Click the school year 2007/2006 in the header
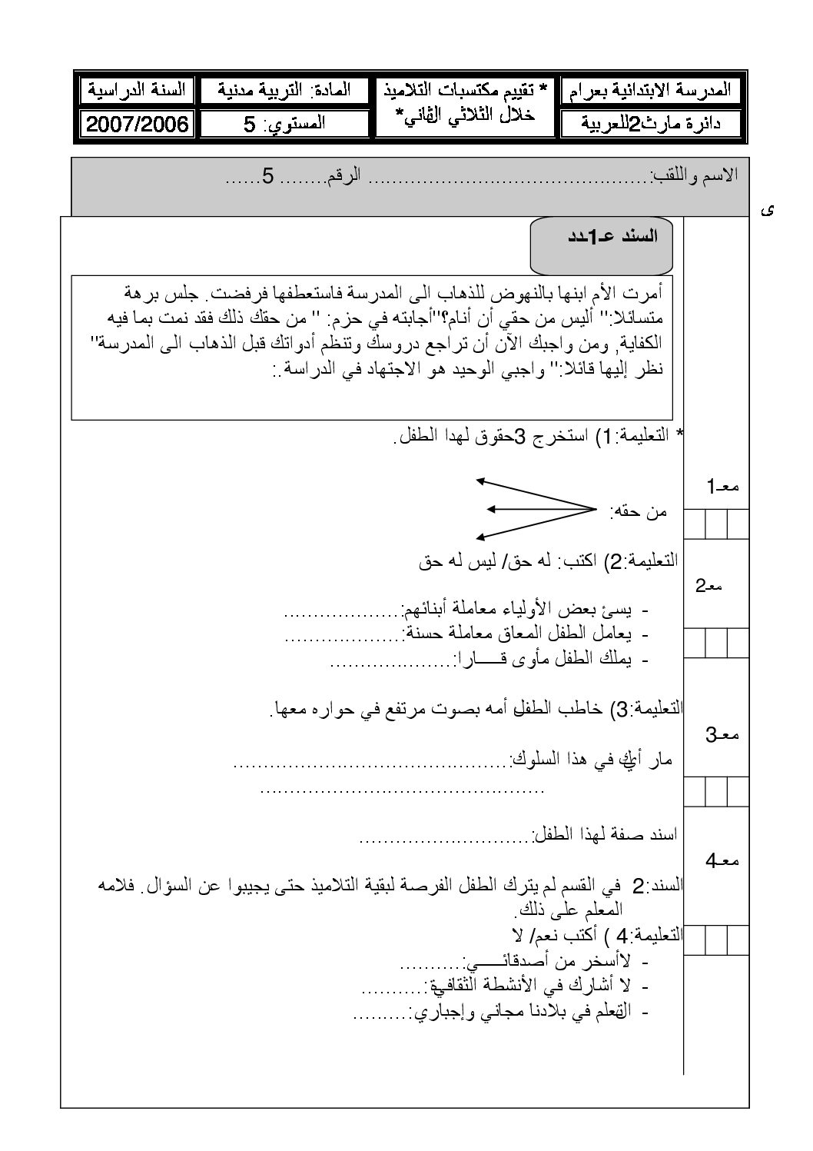tap(138, 125)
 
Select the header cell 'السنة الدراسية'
tap(138, 90)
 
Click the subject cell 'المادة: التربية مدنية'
tap(285, 90)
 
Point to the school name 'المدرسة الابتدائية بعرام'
tap(649, 90)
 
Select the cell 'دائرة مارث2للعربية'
tap(649, 124)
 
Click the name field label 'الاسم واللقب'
tap(694, 175)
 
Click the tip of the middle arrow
tap(490, 508)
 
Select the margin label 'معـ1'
tap(722, 486)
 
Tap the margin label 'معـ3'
tap(722, 735)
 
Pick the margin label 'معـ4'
tap(722, 861)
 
